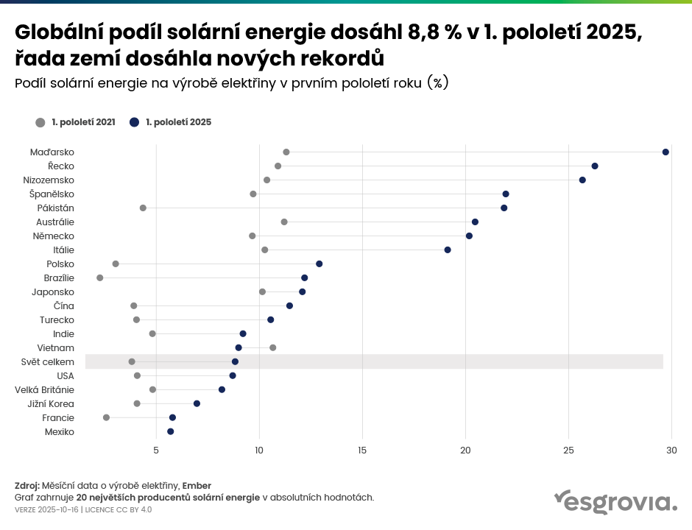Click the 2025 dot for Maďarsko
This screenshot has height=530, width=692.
pyautogui.click(x=665, y=152)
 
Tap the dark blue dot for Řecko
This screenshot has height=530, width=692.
pyautogui.click(x=595, y=166)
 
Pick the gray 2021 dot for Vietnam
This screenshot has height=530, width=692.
pyautogui.click(x=273, y=347)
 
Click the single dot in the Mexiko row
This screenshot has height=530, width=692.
pyautogui.click(x=171, y=431)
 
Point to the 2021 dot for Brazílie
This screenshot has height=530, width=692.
pyautogui.click(x=100, y=278)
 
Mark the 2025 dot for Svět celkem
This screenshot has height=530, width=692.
pyautogui.click(x=236, y=361)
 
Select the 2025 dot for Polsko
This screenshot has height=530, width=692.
pyautogui.click(x=319, y=264)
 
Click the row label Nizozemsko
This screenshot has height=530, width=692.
pyautogui.click(x=49, y=180)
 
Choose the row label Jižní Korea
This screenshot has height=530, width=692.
pyautogui.click(x=50, y=403)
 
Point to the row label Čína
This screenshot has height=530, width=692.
pyautogui.click(x=63, y=305)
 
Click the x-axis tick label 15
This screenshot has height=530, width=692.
pyautogui.click(x=362, y=448)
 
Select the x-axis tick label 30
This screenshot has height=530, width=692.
pyautogui.click(x=671, y=448)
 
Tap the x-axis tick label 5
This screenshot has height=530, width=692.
pyautogui.click(x=156, y=448)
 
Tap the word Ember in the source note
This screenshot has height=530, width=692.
pyautogui.click(x=197, y=485)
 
